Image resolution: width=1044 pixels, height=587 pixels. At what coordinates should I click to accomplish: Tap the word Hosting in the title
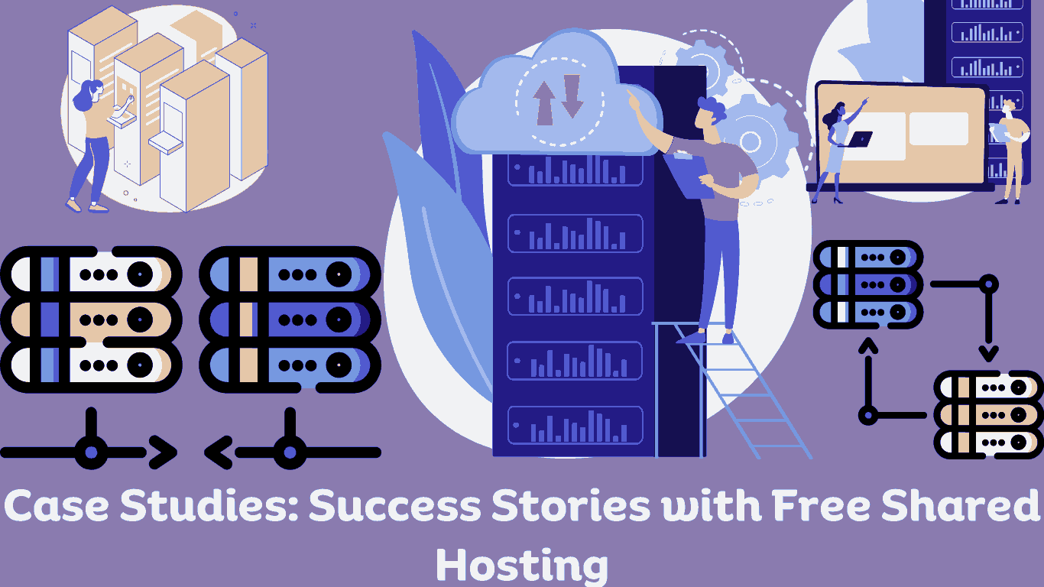[x=521, y=565]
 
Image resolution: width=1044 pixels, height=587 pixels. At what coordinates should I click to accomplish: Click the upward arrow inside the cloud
[x=544, y=100]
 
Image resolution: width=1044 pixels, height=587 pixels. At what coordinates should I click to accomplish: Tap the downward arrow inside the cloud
[x=572, y=96]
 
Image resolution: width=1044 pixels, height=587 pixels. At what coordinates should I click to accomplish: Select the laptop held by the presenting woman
[x=860, y=139]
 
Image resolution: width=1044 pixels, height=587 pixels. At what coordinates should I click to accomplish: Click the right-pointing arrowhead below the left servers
[x=162, y=452]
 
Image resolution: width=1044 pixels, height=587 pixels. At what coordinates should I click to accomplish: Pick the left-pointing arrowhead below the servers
[x=218, y=452]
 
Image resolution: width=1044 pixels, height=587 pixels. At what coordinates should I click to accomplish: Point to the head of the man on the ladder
[x=712, y=113]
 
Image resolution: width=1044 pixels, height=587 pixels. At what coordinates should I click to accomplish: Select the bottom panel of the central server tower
[x=575, y=425]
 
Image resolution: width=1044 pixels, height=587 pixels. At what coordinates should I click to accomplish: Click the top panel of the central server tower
[x=575, y=170]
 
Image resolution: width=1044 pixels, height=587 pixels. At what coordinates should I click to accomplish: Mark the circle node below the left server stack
[x=92, y=452]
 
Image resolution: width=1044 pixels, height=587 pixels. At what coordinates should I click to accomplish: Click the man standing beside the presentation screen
[x=1011, y=149]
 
